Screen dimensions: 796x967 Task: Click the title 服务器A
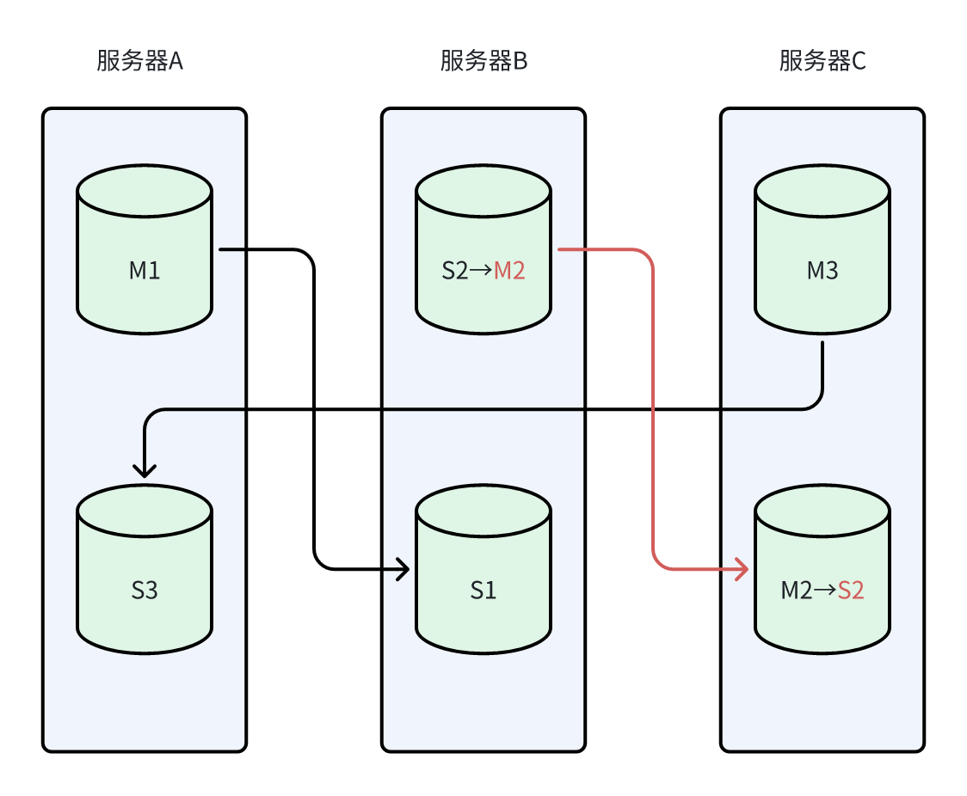tap(140, 62)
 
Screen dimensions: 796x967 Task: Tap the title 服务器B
tap(483, 62)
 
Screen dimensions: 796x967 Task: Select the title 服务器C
tap(822, 62)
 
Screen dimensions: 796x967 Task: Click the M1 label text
tap(145, 271)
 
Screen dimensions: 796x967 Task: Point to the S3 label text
tap(145, 591)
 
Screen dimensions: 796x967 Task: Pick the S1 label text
tap(483, 591)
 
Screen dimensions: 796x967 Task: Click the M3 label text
tap(822, 271)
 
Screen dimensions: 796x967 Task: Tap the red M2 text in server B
tap(509, 271)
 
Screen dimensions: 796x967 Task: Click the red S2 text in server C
tap(851, 591)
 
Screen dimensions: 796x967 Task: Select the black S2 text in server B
tap(455, 271)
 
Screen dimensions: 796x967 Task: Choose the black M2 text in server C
tap(796, 591)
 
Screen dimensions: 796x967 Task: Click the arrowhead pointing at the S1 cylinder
tap(403, 569)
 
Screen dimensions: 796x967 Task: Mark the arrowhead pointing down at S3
tap(145, 470)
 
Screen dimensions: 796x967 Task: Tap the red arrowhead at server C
tap(742, 569)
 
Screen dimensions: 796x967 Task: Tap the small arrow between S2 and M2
tap(482, 271)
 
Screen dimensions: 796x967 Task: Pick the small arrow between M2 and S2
tap(824, 591)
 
